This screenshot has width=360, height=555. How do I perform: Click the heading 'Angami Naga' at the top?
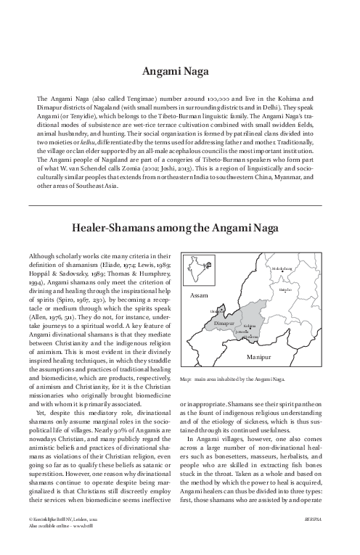(179, 72)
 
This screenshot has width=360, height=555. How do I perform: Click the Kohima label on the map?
(252, 326)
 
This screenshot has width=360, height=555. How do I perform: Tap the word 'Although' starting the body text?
(42, 256)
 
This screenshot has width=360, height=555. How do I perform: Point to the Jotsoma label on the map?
(243, 332)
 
